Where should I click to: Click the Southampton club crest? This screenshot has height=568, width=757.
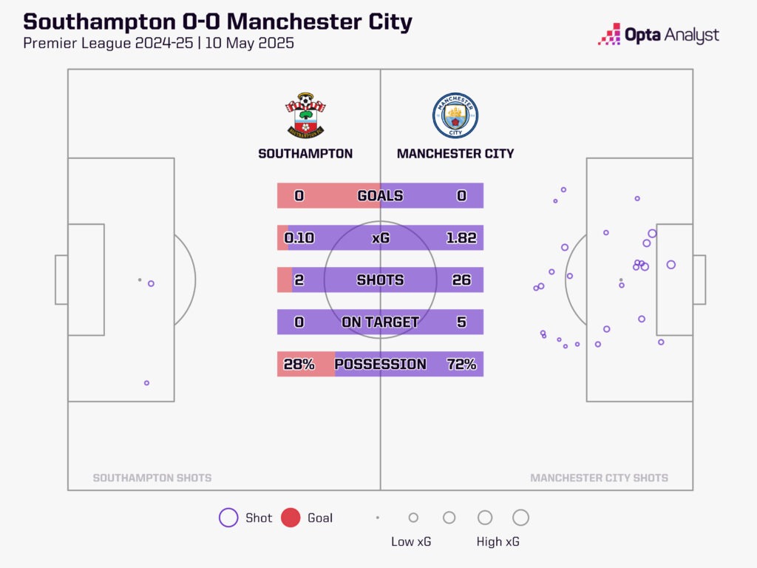tap(305, 115)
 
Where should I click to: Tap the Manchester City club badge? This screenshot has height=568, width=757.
tap(455, 115)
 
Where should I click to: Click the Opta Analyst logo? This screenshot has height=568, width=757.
tap(658, 35)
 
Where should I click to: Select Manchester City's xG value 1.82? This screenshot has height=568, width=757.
tap(461, 238)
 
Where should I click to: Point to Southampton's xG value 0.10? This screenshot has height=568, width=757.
tap(299, 238)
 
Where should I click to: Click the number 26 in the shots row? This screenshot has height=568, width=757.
tap(461, 280)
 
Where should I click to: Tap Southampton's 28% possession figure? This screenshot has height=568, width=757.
tap(299, 365)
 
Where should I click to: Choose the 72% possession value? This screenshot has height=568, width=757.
tap(461, 365)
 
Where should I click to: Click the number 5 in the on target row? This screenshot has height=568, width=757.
tap(461, 322)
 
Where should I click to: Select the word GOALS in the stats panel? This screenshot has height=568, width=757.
tap(380, 196)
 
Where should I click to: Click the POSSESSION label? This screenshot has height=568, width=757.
tap(380, 365)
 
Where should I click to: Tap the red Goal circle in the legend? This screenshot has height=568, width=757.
tap(291, 518)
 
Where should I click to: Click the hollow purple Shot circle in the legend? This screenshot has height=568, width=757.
tap(228, 518)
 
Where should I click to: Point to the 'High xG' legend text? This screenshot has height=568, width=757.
tap(498, 542)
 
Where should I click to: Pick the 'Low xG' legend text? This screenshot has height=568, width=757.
tap(411, 542)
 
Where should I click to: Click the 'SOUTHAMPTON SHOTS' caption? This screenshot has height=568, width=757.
tap(152, 478)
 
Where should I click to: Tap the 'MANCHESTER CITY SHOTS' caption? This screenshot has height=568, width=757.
tap(599, 478)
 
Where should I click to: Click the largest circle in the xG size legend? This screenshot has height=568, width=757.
tap(520, 518)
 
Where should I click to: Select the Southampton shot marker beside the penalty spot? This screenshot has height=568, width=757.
tap(151, 283)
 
